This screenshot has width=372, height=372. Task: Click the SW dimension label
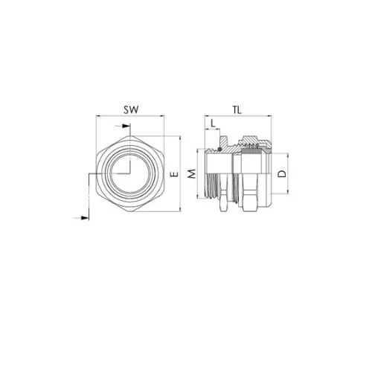pyautogui.click(x=131, y=109)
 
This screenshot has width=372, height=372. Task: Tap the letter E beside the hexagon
pyautogui.click(x=175, y=174)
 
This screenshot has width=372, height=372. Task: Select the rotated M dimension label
pyautogui.click(x=192, y=174)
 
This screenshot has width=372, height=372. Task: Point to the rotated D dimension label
pyautogui.click(x=282, y=173)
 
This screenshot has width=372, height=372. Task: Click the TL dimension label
pyautogui.click(x=237, y=110)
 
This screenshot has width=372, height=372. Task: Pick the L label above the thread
pyautogui.click(x=213, y=124)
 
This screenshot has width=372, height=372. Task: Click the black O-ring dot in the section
pyautogui.click(x=219, y=149)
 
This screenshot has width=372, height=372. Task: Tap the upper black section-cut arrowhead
pyautogui.click(x=126, y=126)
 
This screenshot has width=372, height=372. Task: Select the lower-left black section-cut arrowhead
pyautogui.click(x=85, y=218)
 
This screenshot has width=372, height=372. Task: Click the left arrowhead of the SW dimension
pyautogui.click(x=98, y=115)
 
